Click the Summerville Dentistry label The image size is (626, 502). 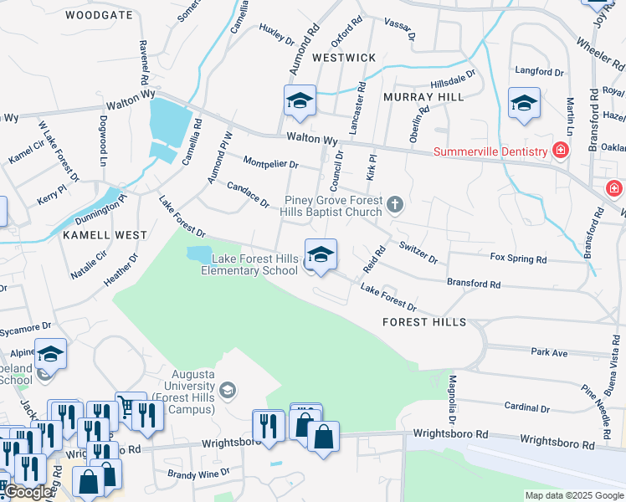coord(489,151)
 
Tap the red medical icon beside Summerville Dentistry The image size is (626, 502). coord(560,151)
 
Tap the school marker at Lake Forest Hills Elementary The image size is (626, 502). coord(321,254)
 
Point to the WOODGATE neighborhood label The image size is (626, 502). coord(99,15)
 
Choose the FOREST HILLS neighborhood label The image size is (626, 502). coord(423,322)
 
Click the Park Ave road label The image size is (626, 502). coord(549,353)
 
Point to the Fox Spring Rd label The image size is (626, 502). coord(518,259)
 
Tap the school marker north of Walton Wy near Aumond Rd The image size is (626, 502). coord(300,100)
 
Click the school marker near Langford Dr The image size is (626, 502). coord(524,104)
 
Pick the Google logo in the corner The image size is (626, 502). coord(27,492)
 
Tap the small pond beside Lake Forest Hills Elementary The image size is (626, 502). coord(198,254)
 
